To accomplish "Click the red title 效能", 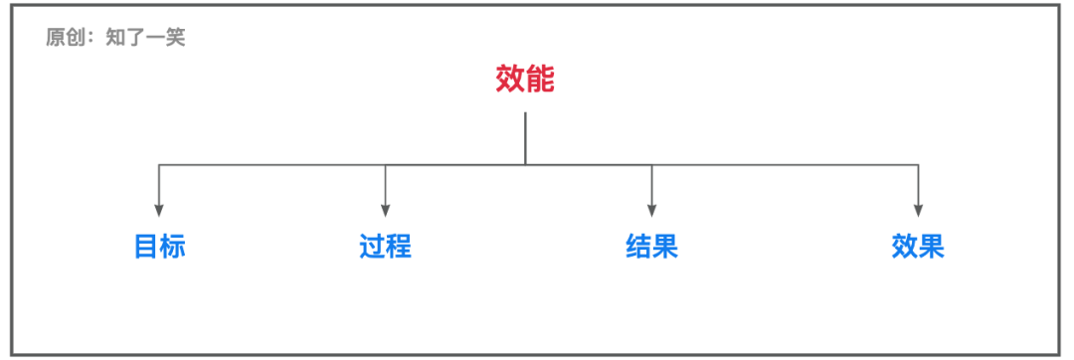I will click(525, 80).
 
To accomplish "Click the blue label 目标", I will click(160, 247).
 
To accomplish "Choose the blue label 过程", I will click(386, 247).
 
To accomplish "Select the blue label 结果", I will click(651, 247).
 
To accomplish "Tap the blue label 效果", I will click(917, 247).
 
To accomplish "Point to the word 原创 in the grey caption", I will click(63, 39).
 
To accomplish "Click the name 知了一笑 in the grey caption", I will click(145, 39).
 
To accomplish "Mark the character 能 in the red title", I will click(540, 80).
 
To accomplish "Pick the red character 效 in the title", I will click(510, 80).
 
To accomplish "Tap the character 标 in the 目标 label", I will click(173, 247).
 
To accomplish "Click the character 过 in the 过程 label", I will click(373, 247).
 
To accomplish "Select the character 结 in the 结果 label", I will click(638, 247).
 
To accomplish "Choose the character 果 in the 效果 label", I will click(931, 247).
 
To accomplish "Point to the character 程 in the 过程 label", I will click(399, 247).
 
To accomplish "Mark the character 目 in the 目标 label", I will click(146, 247).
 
